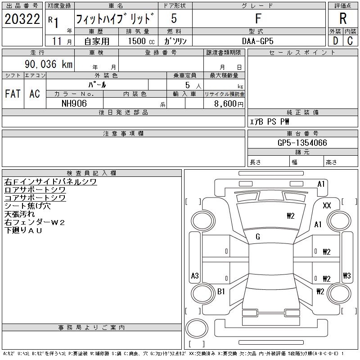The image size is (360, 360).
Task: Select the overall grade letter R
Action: [343, 19]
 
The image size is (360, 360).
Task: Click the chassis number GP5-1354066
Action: [302, 143]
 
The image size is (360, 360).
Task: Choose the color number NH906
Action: [74, 103]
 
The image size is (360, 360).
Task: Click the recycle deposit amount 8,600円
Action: [229, 103]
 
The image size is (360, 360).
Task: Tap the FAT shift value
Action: [13, 94]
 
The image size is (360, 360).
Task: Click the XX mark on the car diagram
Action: [327, 205]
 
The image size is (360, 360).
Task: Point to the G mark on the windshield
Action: [258, 237]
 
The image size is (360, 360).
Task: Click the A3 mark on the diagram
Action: [195, 276]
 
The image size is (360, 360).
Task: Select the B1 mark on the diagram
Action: [221, 292]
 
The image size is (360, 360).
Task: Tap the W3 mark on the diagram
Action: [346, 276]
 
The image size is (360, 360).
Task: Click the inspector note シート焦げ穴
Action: [27, 206]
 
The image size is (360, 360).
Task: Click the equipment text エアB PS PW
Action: [270, 121]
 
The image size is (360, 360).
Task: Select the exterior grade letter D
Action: [335, 40]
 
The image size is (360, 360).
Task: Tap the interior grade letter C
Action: [350, 40]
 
